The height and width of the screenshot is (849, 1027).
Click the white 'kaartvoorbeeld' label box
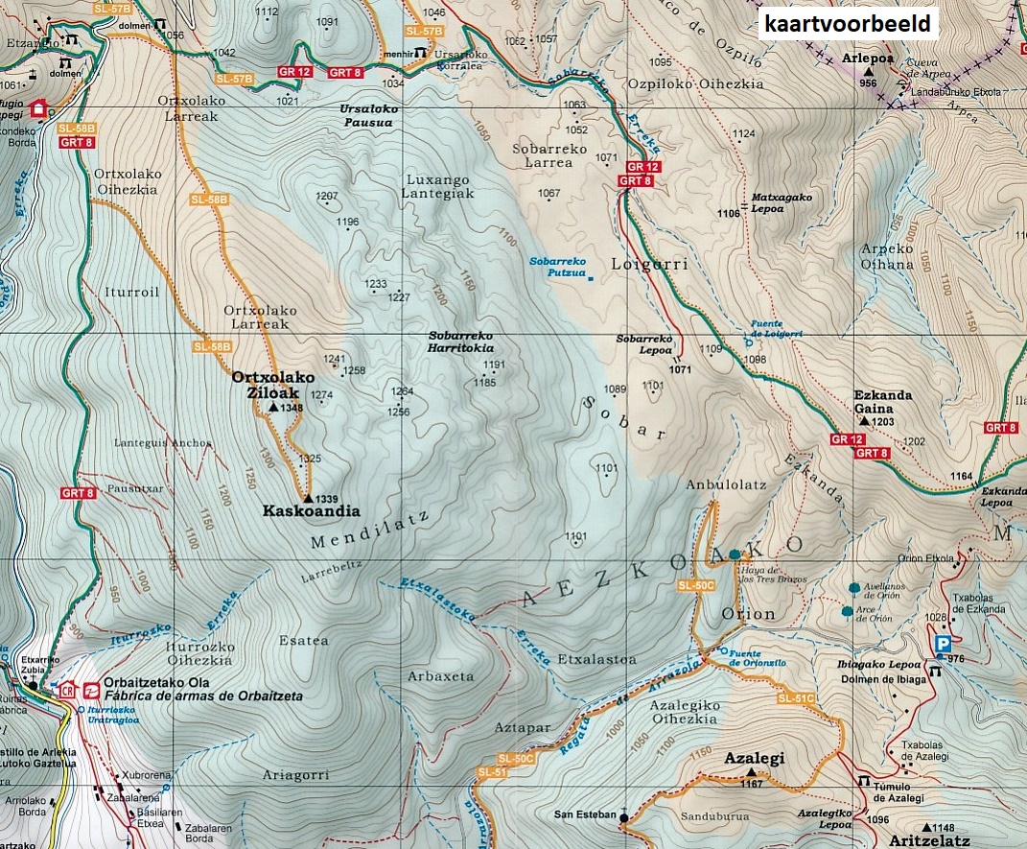coord(848,23)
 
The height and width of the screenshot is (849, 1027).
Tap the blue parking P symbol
coord(943,644)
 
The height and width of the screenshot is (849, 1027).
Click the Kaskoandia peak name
coord(312,511)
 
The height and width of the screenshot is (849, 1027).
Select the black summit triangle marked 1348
coord(273,408)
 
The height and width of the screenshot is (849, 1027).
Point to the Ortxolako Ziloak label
coord(272,385)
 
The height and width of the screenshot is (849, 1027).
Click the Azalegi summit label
coord(754,758)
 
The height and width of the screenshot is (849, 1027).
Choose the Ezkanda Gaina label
coord(883,402)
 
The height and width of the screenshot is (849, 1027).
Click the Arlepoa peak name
coord(867,58)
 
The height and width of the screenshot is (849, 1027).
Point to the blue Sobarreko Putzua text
coord(557,267)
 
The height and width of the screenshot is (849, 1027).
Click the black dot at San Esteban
coord(623,818)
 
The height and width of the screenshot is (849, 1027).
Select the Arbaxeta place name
coord(440,676)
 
